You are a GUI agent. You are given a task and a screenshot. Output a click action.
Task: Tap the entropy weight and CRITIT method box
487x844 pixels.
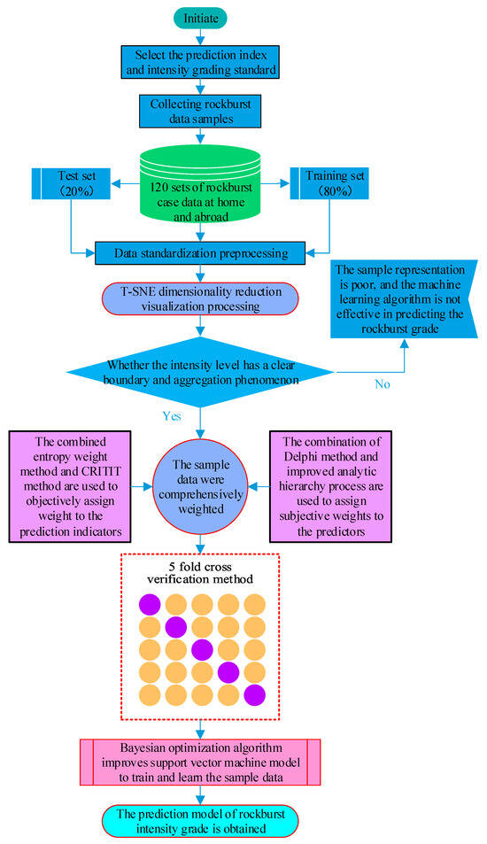[69, 486]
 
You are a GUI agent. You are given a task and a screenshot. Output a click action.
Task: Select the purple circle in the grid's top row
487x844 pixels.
[149, 605]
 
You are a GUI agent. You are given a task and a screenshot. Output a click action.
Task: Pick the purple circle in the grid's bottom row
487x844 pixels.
[255, 693]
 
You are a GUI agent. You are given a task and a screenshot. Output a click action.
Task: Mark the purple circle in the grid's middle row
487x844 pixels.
[202, 649]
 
